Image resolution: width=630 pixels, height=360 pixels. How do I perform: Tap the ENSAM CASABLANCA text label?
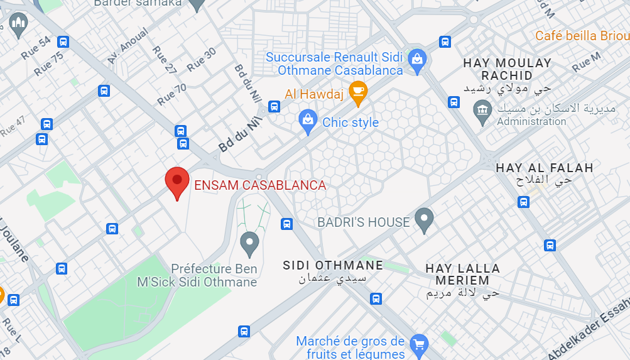tap(260, 185)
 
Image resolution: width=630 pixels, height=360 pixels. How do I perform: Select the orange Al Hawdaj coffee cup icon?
tap(358, 92)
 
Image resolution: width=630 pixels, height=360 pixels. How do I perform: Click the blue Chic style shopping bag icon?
tap(308, 121)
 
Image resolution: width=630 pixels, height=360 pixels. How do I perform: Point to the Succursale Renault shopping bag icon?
tap(416, 60)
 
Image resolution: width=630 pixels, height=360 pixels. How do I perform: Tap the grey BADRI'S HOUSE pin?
tap(425, 220)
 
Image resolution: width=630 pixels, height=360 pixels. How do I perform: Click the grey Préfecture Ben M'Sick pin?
tap(250, 244)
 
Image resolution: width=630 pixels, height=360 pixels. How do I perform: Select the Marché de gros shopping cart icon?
tap(418, 344)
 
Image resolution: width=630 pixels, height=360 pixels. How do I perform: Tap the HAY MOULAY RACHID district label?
tap(508, 69)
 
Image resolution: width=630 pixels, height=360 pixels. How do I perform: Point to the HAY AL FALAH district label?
tap(545, 168)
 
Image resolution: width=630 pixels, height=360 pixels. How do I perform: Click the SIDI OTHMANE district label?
tap(333, 265)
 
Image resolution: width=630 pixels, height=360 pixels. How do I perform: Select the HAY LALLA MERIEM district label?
tap(462, 274)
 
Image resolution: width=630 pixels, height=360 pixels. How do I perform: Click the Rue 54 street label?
tap(36, 48)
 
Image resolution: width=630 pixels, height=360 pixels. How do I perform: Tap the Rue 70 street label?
tap(171, 94)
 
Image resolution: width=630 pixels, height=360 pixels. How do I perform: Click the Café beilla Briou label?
tap(582, 36)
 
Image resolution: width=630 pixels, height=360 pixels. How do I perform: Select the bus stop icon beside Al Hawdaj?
tap(274, 106)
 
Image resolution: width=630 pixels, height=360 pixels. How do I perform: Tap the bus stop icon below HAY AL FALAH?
tap(523, 202)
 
